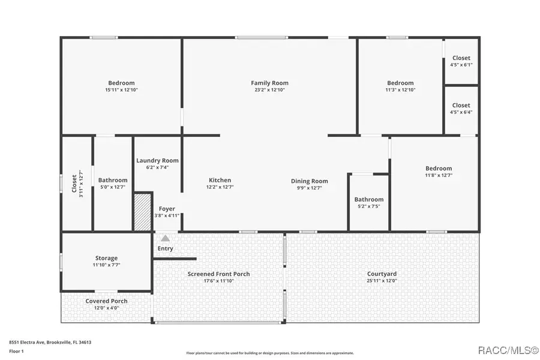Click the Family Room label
tap(269, 83)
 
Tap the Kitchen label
tap(220, 180)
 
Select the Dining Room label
tap(310, 181)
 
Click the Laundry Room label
tap(157, 160)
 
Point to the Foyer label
tap(167, 209)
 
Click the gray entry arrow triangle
tap(165, 238)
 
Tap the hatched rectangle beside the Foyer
tap(142, 211)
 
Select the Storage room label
tap(106, 258)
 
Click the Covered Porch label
tap(106, 301)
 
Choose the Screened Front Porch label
tap(218, 274)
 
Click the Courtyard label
tap(382, 274)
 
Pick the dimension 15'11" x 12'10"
tap(121, 90)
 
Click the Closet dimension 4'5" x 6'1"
tap(461, 65)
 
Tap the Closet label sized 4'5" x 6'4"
tap(461, 106)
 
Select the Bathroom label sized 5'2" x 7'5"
tap(368, 199)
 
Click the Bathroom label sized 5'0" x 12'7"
tap(113, 180)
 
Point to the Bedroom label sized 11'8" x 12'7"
tap(439, 169)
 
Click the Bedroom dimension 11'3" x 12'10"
tap(400, 90)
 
